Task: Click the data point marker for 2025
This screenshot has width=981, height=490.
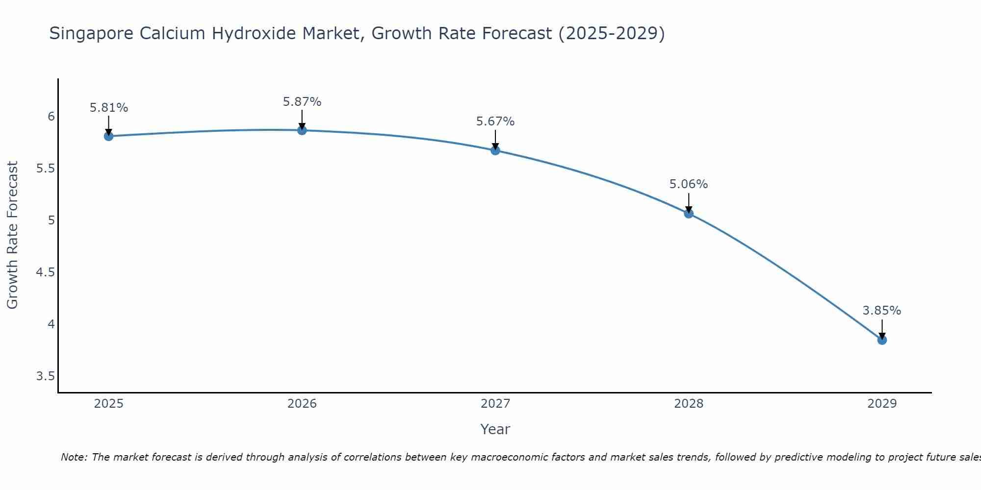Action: click(x=109, y=136)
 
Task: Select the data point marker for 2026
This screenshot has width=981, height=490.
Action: click(x=302, y=130)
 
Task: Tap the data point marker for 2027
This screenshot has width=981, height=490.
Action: click(x=495, y=150)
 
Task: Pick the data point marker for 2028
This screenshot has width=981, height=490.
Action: click(x=689, y=214)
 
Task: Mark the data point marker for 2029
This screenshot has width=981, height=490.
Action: click(x=882, y=340)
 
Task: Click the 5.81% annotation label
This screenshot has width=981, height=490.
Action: click(x=109, y=108)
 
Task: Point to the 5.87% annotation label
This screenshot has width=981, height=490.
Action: click(x=302, y=102)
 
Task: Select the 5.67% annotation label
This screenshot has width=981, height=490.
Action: click(x=495, y=122)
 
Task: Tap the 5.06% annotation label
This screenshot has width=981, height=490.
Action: click(x=689, y=184)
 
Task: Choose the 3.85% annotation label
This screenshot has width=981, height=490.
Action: click(x=882, y=311)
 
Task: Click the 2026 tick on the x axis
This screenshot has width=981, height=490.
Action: click(x=302, y=404)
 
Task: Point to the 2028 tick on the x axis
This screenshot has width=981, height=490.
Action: click(x=689, y=404)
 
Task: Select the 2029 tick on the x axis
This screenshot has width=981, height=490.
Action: click(x=882, y=404)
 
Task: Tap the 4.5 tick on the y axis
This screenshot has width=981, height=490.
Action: click(x=45, y=272)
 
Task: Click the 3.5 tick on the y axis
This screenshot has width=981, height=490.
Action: click(x=45, y=376)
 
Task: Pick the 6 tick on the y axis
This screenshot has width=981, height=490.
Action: click(x=51, y=117)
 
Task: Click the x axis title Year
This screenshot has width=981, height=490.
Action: click(x=495, y=429)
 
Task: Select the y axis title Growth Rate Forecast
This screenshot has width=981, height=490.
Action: click(x=13, y=235)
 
